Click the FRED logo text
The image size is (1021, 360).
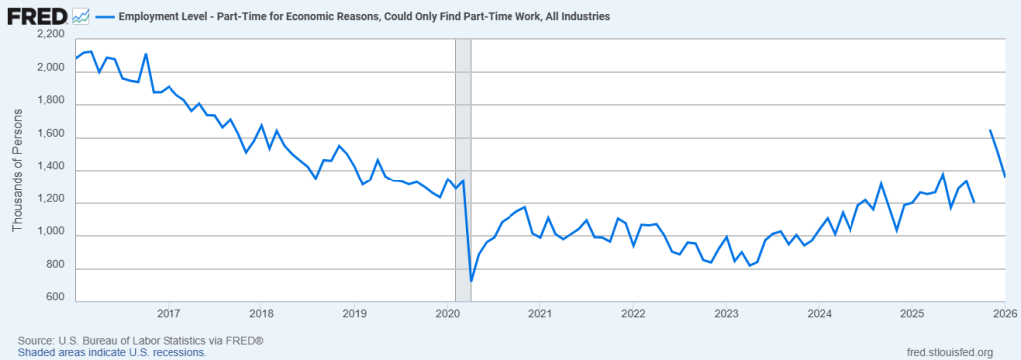(37, 17)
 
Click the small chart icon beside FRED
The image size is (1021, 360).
(82, 17)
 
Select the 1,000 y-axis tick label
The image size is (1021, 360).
(50, 235)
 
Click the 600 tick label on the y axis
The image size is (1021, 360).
(56, 297)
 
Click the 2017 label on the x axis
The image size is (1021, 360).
(168, 314)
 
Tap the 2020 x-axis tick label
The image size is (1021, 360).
(447, 314)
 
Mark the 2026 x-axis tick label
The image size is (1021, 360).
(1004, 314)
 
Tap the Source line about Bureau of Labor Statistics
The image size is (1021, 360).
(141, 341)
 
